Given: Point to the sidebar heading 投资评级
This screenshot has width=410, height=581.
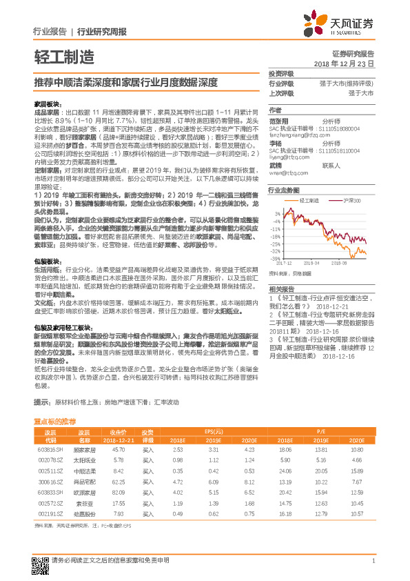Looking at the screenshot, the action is pos(281,73).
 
